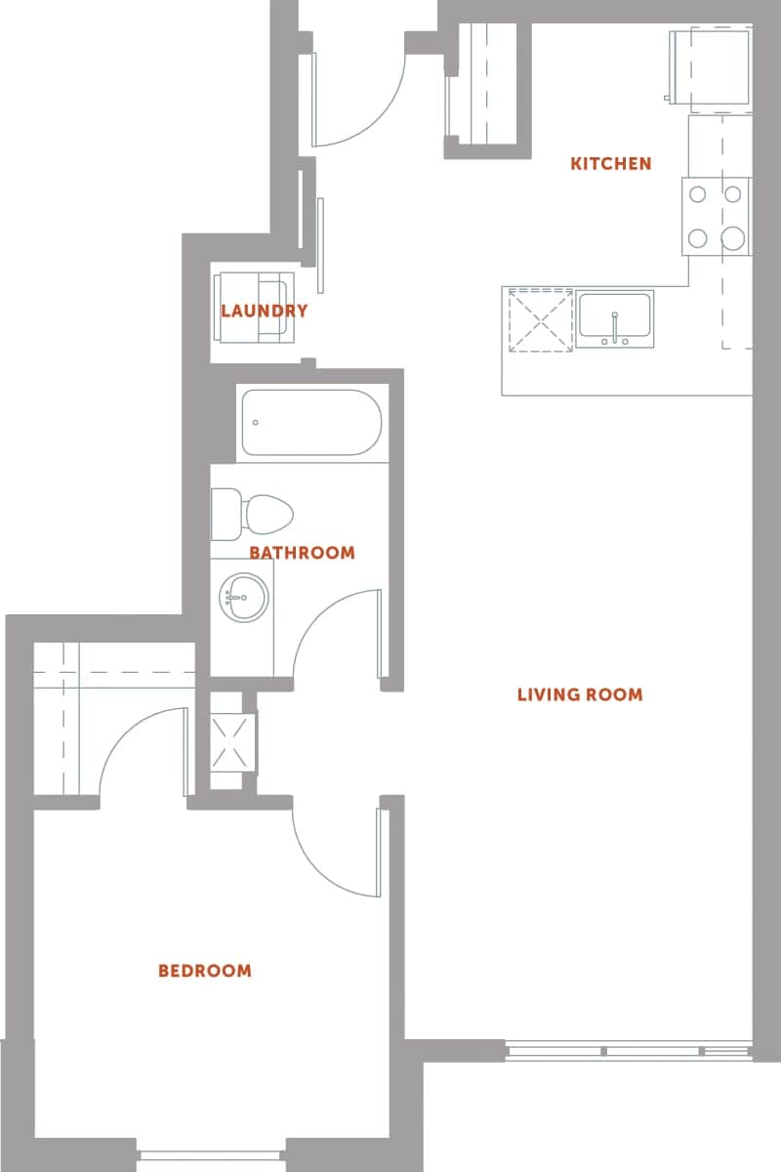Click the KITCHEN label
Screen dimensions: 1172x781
[x=610, y=163]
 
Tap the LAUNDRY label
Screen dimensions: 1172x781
[x=264, y=312]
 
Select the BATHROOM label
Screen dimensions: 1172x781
[x=302, y=553]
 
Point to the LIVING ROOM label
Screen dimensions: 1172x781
[x=580, y=695]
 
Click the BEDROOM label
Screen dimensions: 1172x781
[x=205, y=971]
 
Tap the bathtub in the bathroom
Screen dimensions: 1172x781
[x=310, y=423]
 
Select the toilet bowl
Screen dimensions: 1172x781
[x=268, y=514]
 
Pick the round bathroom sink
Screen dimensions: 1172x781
[x=243, y=596]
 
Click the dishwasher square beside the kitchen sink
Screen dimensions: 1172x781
[x=540, y=319]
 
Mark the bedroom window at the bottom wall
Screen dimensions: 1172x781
[x=211, y=1154]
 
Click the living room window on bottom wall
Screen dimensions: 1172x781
[x=629, y=1052]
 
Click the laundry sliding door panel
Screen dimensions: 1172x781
[x=319, y=244]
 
